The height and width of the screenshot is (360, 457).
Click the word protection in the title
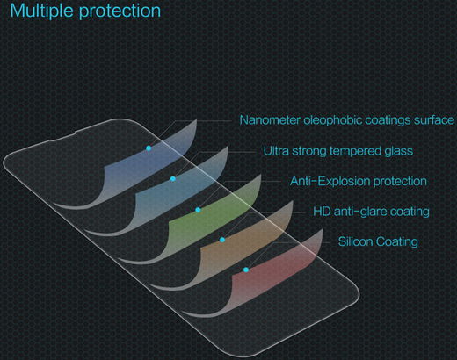119,12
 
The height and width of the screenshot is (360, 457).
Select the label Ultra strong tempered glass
337,150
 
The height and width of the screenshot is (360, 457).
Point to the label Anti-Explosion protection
358,181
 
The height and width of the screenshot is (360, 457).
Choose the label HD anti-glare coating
371,212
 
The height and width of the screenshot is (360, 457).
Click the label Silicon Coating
377,241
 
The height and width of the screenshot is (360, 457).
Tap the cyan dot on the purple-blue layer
149,148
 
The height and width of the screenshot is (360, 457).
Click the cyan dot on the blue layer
173,178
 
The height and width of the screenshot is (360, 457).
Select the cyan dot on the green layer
199,210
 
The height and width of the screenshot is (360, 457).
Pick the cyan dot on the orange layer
223,239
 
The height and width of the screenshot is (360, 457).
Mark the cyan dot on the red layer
246,270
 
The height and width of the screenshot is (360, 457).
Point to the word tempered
358,150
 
